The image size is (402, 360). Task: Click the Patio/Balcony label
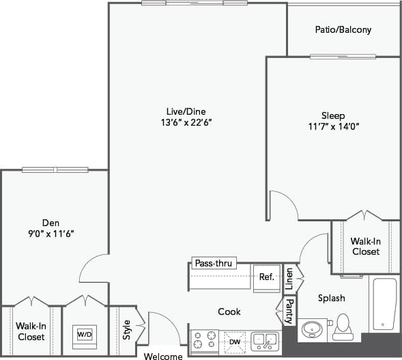tap(343, 30)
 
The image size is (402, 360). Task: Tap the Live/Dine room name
tap(186, 111)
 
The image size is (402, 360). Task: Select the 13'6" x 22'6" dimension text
tap(186, 123)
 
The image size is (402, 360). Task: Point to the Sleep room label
tap(333, 115)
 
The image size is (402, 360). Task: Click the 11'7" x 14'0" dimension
tap(333, 126)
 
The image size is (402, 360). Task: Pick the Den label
tap(51, 222)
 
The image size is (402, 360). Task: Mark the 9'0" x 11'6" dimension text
tap(51, 234)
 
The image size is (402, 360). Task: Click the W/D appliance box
tap(85, 335)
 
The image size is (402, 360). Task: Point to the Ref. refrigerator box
tap(266, 277)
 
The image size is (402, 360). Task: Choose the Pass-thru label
tap(213, 264)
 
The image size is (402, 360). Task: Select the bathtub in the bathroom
tap(384, 304)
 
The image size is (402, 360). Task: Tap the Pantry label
tap(289, 311)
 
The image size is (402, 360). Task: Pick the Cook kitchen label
tap(229, 311)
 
